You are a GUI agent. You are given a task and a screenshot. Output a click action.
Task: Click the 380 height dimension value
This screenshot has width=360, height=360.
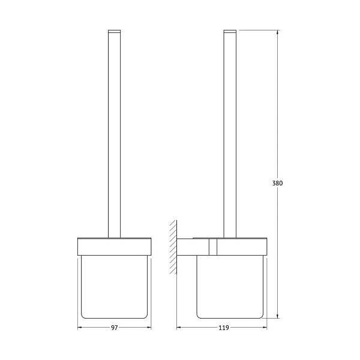pyautogui.click(x=277, y=183)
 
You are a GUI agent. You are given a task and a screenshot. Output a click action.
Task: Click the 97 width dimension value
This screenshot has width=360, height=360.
pyautogui.click(x=115, y=328)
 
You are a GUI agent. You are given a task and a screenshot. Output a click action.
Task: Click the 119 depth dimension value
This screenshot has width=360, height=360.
pyautogui.click(x=224, y=328)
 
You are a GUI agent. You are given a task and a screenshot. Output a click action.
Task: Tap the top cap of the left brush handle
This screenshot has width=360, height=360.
pyautogui.click(x=115, y=31)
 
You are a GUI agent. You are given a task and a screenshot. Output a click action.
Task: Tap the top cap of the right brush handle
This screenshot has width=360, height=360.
pyautogui.click(x=230, y=31)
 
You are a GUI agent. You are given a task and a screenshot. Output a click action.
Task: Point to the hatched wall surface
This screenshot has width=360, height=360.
pyautogui.click(x=173, y=247)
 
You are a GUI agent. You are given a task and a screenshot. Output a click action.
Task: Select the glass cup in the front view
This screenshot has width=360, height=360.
pyautogui.click(x=115, y=287)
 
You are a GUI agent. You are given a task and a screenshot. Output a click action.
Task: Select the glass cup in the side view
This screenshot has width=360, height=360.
pyautogui.click(x=230, y=287)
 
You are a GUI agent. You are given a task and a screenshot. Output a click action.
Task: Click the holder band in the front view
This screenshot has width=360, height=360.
pyautogui.click(x=115, y=247)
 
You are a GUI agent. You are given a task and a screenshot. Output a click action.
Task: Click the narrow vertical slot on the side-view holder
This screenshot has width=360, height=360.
pyautogui.click(x=213, y=247)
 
